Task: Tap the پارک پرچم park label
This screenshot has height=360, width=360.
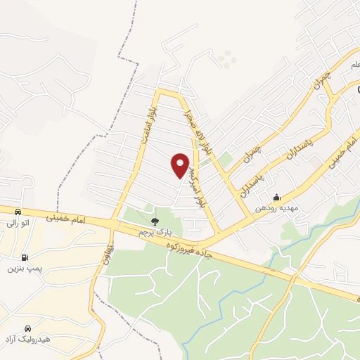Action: coord(155,232)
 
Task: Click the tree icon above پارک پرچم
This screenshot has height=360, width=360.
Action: coord(155,221)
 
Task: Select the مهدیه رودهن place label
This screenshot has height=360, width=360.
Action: coord(277,209)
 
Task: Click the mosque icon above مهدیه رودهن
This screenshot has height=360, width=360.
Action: coord(277,197)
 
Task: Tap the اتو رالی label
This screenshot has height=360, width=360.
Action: coord(18,223)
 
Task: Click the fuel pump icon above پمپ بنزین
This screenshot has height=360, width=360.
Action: coord(25,257)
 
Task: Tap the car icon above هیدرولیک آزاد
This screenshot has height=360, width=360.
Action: coord(27,328)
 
